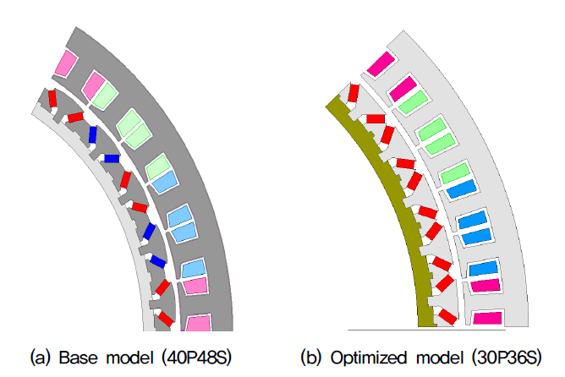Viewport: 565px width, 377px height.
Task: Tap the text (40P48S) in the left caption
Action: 196,358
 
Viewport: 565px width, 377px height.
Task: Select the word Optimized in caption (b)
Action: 369,358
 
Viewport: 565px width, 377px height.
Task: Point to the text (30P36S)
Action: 507,358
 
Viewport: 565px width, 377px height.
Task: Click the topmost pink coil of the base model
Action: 66,63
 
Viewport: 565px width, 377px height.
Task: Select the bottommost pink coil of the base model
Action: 198,323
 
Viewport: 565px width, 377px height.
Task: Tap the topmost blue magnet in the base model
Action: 92,135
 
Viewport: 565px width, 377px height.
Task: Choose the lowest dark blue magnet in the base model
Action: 158,261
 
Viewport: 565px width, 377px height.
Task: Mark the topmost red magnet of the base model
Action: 52,99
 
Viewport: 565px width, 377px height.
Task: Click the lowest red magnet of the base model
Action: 166,319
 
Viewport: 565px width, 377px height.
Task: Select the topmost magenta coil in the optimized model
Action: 381,63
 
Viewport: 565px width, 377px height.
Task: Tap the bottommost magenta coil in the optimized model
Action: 487,319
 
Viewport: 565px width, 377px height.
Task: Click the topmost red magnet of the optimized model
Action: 354,93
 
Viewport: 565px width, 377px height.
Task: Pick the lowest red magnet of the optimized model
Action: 448,316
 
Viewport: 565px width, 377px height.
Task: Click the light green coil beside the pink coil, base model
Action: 105,96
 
